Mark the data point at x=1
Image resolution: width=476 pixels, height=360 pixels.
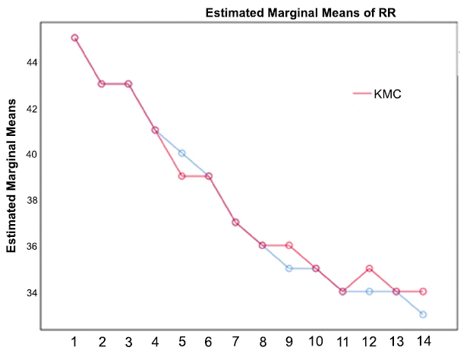click(74, 37)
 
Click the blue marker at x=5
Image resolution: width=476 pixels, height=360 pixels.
click(181, 153)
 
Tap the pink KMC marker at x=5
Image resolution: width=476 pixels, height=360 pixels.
click(181, 176)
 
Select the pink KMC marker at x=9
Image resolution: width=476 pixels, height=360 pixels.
click(288, 245)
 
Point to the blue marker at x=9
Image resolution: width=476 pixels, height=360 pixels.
click(288, 268)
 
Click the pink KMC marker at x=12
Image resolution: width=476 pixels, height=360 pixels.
click(369, 268)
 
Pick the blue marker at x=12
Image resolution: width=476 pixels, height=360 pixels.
click(369, 292)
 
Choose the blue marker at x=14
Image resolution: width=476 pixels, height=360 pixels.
click(422, 314)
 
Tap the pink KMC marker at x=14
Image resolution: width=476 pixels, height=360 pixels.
click(422, 292)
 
